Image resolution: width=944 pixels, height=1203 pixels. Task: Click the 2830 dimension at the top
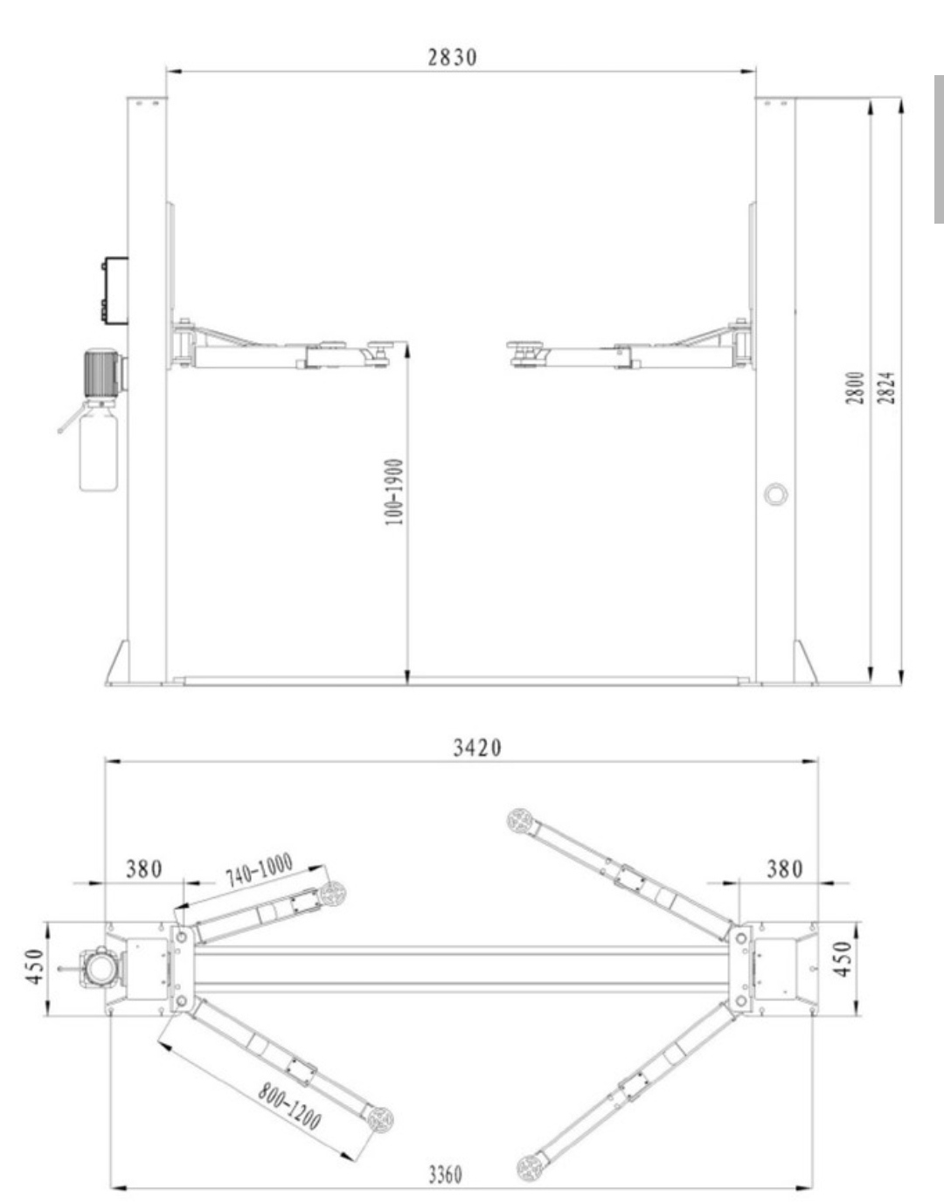click(x=452, y=57)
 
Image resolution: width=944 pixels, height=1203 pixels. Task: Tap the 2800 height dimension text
click(x=856, y=388)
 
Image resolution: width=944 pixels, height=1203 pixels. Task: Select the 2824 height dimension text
click(x=885, y=388)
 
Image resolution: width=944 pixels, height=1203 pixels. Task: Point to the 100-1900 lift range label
click(x=394, y=492)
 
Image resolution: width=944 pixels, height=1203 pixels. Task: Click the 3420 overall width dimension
click(x=477, y=748)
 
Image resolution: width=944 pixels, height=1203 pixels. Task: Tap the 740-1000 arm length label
click(x=259, y=870)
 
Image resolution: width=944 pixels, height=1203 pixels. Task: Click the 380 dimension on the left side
click(x=144, y=868)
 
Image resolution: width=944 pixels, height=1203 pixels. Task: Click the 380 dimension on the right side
click(x=785, y=868)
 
